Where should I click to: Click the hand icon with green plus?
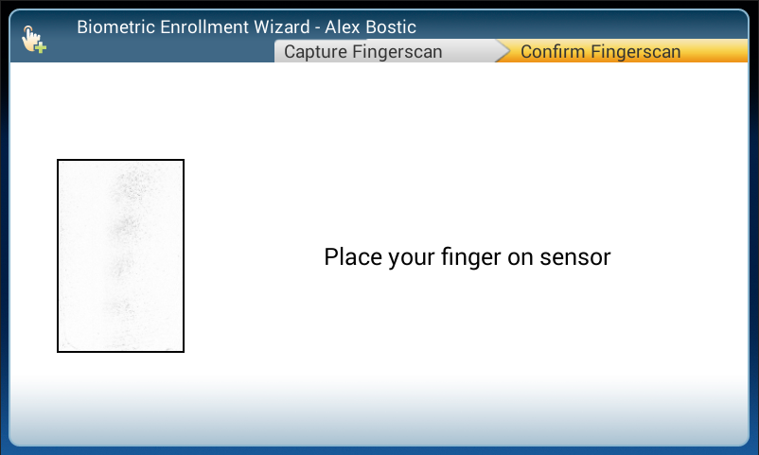point(33,39)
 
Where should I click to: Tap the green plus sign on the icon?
point(41,47)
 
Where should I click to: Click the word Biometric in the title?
point(115,27)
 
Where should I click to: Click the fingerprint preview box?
point(120,255)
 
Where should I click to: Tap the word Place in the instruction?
point(353,256)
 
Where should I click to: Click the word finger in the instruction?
point(470,257)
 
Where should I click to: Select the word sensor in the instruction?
point(575,257)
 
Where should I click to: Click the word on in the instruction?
point(520,257)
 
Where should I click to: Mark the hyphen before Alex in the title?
point(317,28)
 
